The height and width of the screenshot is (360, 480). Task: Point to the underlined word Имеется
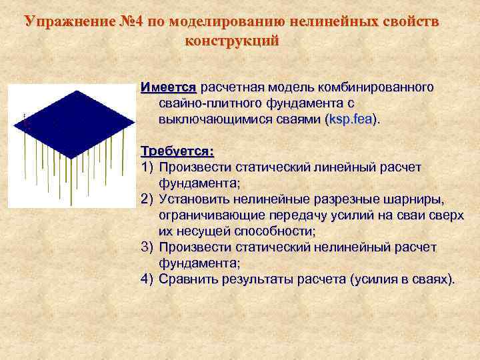[x=169, y=88]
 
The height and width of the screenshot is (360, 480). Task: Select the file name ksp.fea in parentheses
[x=351, y=121]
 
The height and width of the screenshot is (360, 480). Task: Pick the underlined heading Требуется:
[x=172, y=152]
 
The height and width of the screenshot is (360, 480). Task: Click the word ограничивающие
[x=211, y=216]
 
